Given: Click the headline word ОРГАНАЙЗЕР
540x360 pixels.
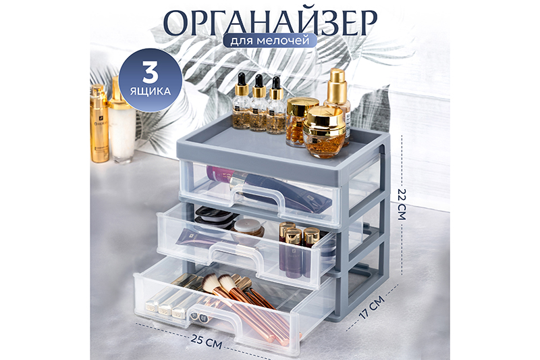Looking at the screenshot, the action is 269,22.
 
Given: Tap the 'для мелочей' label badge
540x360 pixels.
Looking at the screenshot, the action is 269,41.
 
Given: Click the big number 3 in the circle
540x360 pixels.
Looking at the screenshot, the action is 151,73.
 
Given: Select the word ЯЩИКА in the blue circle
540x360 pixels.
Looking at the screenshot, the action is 151,91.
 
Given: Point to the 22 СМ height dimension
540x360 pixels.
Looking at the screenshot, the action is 402,204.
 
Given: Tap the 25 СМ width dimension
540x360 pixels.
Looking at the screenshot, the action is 207,341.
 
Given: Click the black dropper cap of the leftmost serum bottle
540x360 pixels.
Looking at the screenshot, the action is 241,79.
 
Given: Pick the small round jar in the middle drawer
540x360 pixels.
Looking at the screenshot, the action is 248,228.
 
